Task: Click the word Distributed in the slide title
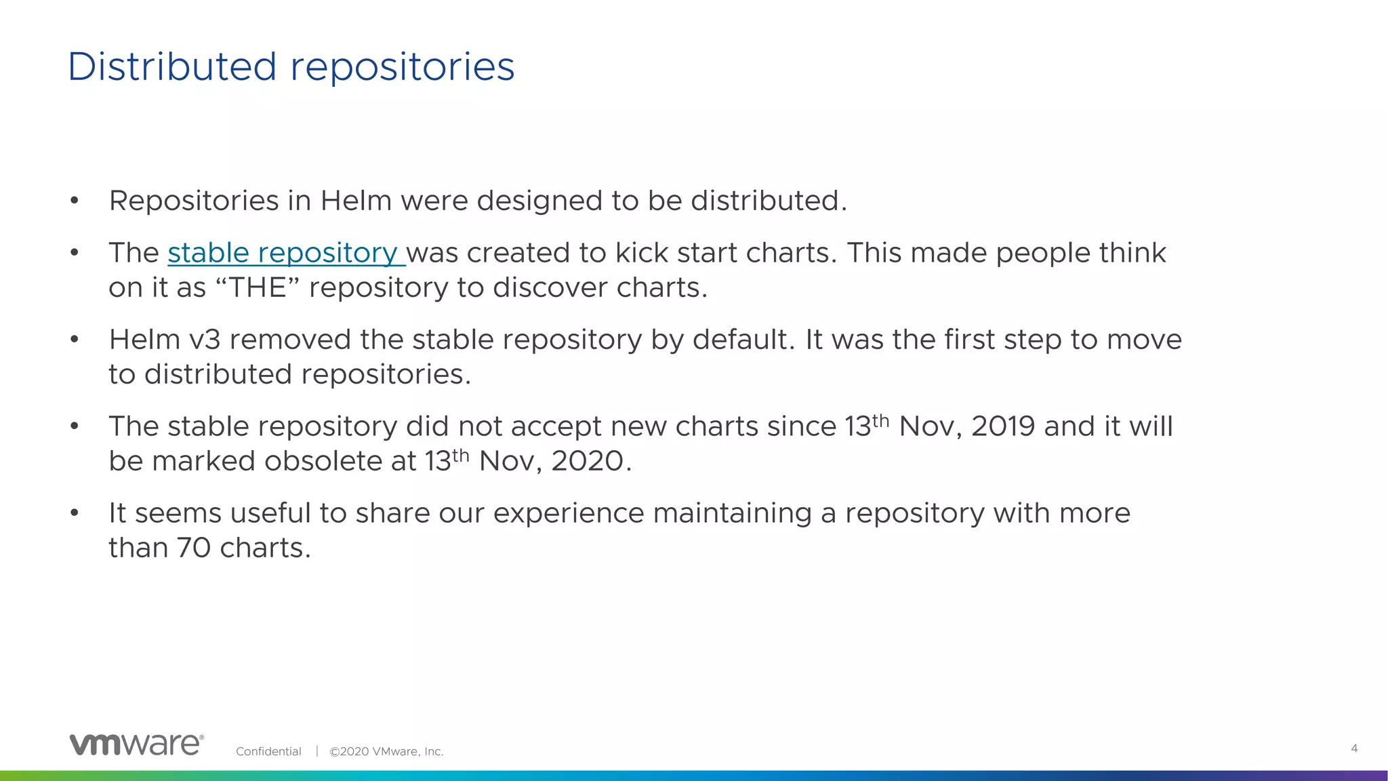(x=172, y=67)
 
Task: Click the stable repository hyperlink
(x=285, y=253)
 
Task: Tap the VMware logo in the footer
(x=136, y=744)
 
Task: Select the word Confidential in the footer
(x=268, y=751)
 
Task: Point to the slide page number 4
(x=1354, y=748)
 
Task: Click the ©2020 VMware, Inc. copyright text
(x=386, y=751)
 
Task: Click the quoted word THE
(x=258, y=288)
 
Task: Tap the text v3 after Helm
(x=205, y=340)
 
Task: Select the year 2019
(x=1003, y=426)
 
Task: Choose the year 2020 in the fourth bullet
(x=587, y=462)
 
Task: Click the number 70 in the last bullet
(x=194, y=548)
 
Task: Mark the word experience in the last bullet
(x=568, y=513)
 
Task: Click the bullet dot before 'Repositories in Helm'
(x=75, y=201)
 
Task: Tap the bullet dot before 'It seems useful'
(x=75, y=513)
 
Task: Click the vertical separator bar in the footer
(x=317, y=751)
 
